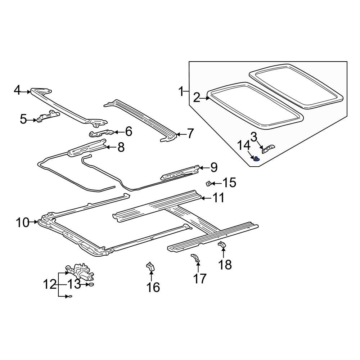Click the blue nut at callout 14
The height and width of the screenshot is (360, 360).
(256, 159)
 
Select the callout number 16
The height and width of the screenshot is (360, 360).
(153, 287)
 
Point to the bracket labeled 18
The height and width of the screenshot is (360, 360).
(222, 245)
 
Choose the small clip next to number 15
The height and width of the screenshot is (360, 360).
(208, 184)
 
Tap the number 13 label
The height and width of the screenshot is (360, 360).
(74, 284)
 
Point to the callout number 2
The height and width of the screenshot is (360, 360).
(196, 97)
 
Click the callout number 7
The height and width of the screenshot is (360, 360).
(190, 134)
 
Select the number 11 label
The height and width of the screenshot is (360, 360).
(217, 198)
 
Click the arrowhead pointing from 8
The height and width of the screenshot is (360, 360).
(107, 147)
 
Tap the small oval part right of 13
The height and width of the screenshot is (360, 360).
(90, 284)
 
